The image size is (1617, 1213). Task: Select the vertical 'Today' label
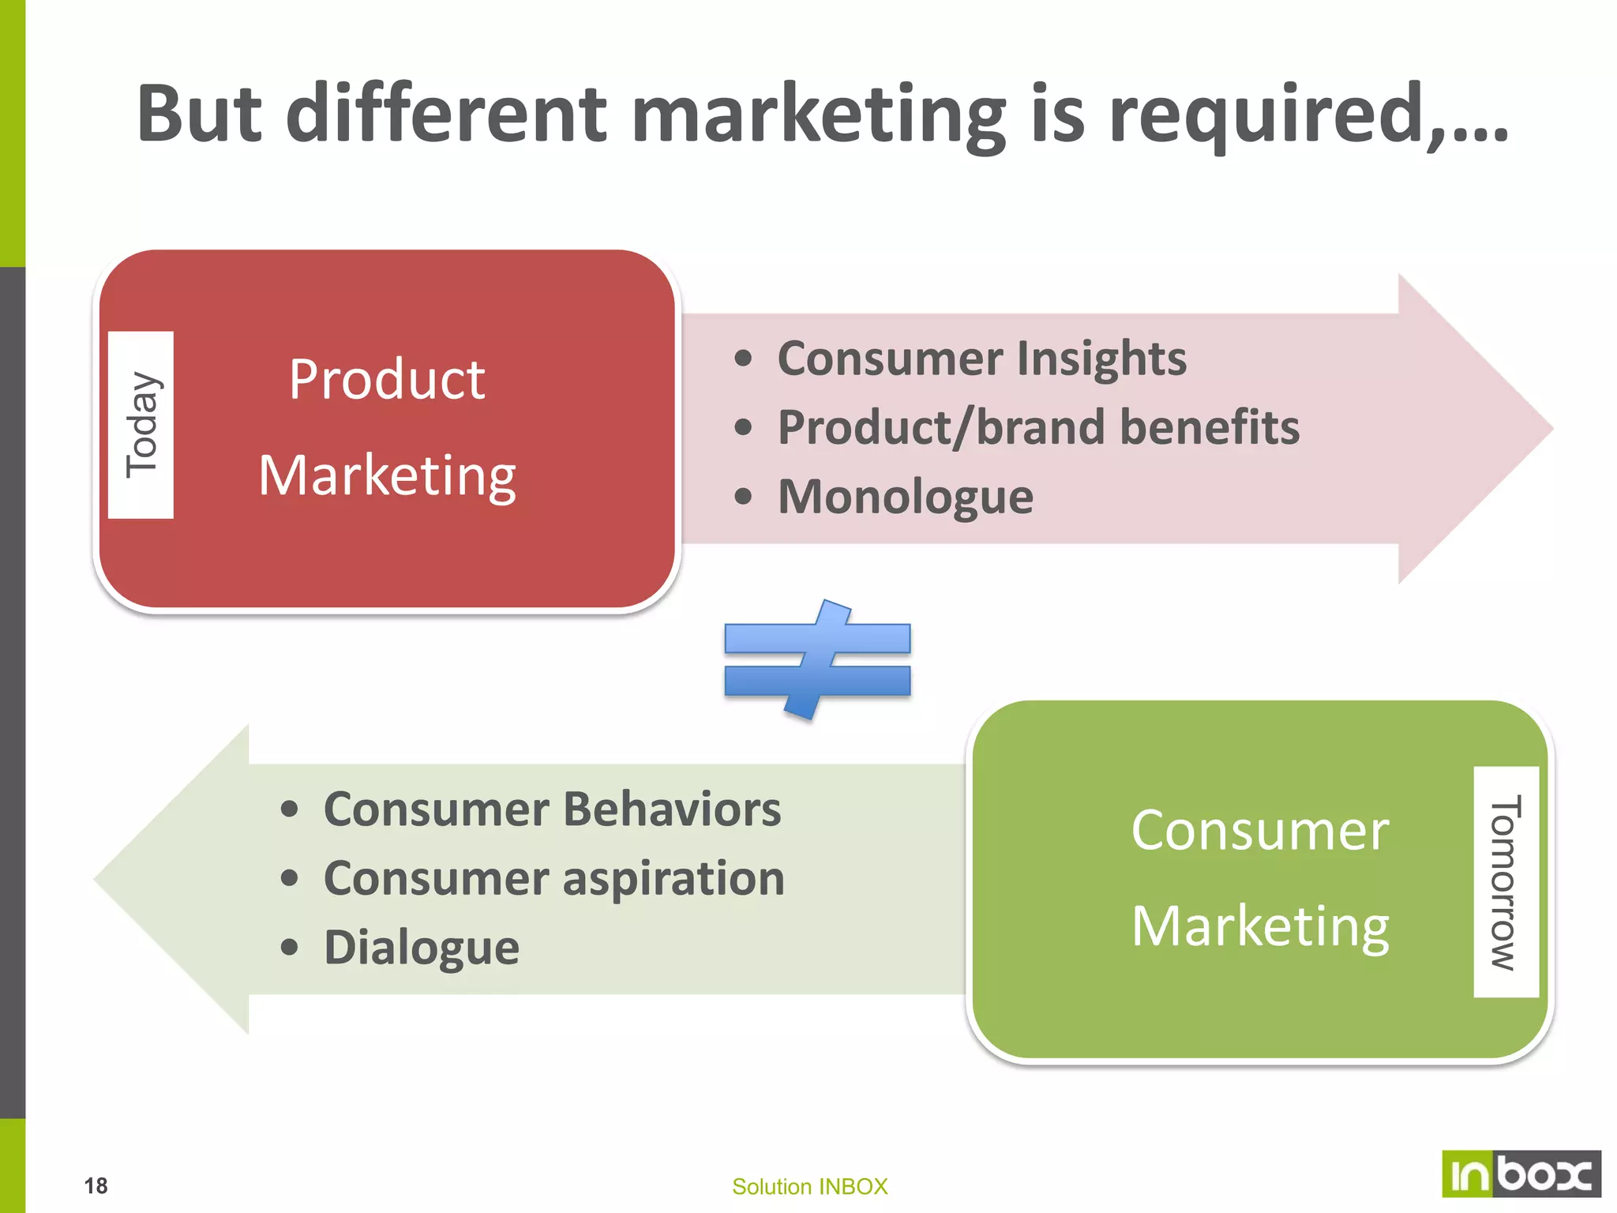pos(141,425)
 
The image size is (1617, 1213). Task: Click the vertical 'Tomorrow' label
pos(1506,881)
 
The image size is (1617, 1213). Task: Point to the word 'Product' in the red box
pos(386,380)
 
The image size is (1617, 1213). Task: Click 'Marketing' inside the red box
pos(386,476)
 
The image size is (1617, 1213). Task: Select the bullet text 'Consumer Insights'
pos(981,359)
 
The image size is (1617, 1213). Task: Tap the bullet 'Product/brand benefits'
pos(1037,428)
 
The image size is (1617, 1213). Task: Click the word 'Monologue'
pos(905,497)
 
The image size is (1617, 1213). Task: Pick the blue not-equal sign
pos(817,660)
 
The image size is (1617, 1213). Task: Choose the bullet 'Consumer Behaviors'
pos(552,809)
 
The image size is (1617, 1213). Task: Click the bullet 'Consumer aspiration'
pos(553,878)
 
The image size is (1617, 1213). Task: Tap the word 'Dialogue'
pos(421,947)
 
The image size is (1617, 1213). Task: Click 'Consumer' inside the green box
pos(1259,831)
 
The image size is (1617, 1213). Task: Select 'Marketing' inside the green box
pos(1259,926)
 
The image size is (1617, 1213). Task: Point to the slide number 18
pos(96,1185)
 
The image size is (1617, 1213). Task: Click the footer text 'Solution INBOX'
pos(809,1186)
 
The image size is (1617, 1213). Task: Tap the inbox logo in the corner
pos(1521,1174)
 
